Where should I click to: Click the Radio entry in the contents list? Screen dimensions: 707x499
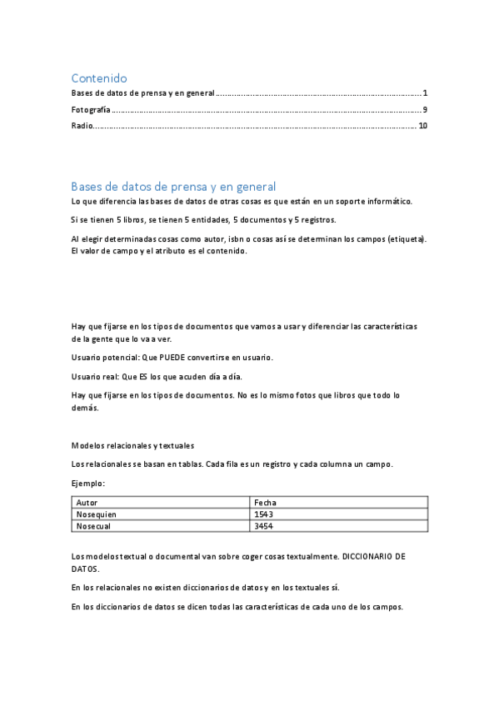[82, 125]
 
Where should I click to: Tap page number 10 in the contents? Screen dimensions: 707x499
[422, 125]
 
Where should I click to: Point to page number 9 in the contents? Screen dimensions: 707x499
[425, 109]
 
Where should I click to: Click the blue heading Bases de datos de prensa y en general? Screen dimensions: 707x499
[173, 186]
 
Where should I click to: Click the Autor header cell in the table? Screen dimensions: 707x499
[87, 502]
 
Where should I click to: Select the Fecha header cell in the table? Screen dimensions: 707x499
[266, 502]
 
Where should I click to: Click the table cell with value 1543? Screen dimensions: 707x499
[264, 514]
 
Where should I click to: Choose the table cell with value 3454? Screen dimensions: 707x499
[264, 526]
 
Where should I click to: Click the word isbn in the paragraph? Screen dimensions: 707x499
[237, 238]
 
